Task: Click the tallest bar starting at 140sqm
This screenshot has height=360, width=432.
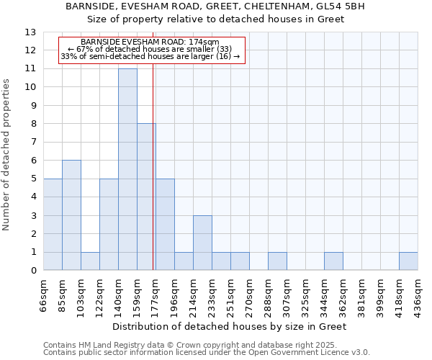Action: [x=127, y=169]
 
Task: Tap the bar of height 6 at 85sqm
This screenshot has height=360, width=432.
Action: [x=71, y=215]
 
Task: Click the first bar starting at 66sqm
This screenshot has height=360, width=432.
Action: [x=53, y=224]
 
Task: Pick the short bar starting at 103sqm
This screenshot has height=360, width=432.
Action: [x=90, y=261]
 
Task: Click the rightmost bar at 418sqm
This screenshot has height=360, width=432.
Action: [x=408, y=261]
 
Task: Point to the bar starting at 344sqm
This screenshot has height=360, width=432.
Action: [x=333, y=261]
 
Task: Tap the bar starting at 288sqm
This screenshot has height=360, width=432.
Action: [x=277, y=261]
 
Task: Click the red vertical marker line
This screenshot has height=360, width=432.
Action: [x=153, y=180]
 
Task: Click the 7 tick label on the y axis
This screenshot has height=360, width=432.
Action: [x=33, y=143]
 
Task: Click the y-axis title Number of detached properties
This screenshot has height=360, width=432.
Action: [x=7, y=155]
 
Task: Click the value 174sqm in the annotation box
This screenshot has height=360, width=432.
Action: [x=204, y=42]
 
